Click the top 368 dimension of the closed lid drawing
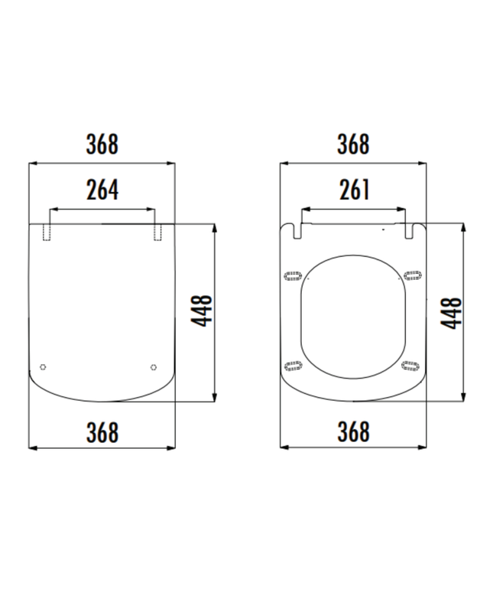pyautogui.click(x=102, y=144)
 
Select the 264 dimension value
pyautogui.click(x=102, y=190)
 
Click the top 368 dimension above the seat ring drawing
pyautogui.click(x=353, y=144)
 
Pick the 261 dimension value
pyautogui.click(x=353, y=190)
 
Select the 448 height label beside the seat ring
pyautogui.click(x=452, y=312)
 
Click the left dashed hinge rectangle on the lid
pyautogui.click(x=47, y=233)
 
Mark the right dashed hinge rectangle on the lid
pyautogui.click(x=157, y=233)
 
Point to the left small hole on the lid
pyautogui.click(x=43, y=366)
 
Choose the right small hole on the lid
pyautogui.click(x=154, y=366)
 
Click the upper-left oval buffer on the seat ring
pyautogui.click(x=292, y=275)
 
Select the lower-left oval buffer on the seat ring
pyautogui.click(x=292, y=365)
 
